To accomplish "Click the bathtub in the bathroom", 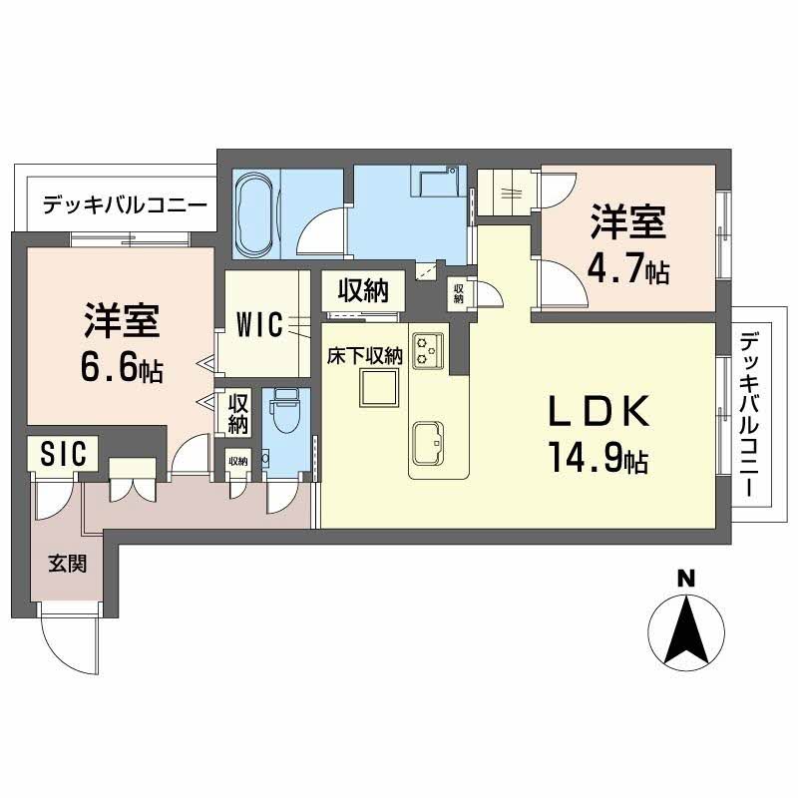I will pos(257,210).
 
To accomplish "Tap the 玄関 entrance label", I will pos(68,564).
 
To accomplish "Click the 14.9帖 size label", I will pos(596,458).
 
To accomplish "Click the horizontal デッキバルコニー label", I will pos(125,206).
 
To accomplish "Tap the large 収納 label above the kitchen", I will pos(361,291).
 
